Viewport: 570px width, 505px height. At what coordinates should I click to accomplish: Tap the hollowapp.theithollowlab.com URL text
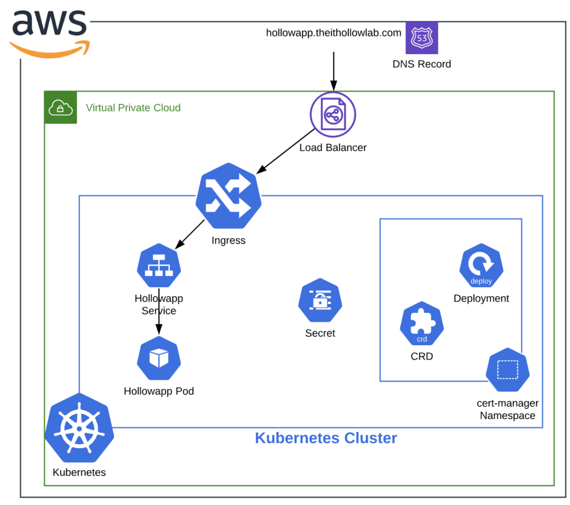click(333, 33)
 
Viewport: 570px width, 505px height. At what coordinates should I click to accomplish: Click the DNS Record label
click(421, 64)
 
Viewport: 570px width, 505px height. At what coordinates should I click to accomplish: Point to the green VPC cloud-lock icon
click(61, 107)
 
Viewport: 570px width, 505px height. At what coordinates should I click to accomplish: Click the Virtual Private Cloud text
click(133, 107)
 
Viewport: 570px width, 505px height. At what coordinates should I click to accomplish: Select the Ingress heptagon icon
click(228, 195)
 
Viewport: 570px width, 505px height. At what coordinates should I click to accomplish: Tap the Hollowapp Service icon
click(159, 266)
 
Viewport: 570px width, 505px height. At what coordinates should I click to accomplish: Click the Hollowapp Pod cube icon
click(159, 358)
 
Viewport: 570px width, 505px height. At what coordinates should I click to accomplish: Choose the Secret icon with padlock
click(320, 301)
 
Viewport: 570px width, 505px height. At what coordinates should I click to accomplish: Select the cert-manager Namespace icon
click(507, 370)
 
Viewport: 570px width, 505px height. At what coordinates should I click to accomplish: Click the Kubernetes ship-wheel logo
click(79, 428)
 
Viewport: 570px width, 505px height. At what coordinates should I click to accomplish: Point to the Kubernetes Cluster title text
click(326, 438)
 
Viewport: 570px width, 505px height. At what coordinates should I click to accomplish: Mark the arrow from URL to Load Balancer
click(333, 71)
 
